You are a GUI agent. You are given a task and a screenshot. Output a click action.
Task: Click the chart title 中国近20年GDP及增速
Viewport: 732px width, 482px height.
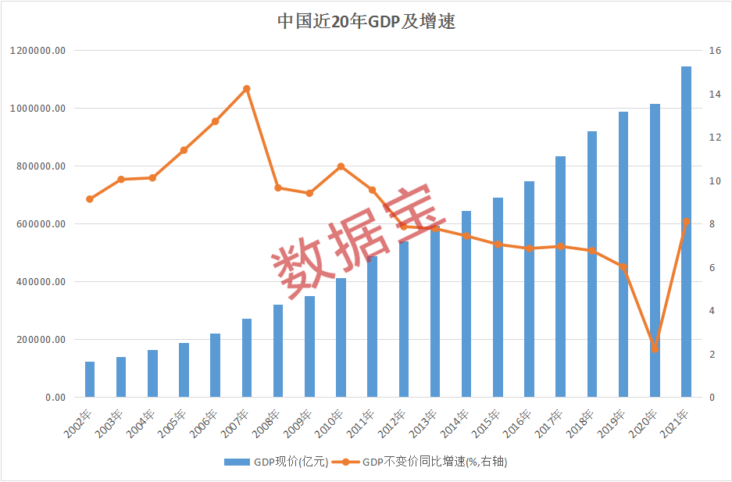366,21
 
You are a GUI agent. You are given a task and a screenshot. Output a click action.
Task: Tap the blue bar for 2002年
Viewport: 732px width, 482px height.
90,380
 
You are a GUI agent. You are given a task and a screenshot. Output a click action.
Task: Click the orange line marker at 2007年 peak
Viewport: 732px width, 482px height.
247,89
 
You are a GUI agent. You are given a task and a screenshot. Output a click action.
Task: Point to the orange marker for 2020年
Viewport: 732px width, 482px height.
655,348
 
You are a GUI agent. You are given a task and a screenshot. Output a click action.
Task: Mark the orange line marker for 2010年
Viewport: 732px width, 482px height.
341,166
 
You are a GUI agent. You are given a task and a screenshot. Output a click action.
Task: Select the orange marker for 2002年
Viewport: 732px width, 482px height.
90,199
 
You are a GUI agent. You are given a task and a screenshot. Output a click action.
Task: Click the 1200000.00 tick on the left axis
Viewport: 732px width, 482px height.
49,51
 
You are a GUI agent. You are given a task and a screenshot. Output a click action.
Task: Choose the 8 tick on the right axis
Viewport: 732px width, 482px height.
711,224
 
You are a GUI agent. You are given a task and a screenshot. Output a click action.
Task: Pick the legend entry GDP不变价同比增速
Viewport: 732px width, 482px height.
427,462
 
